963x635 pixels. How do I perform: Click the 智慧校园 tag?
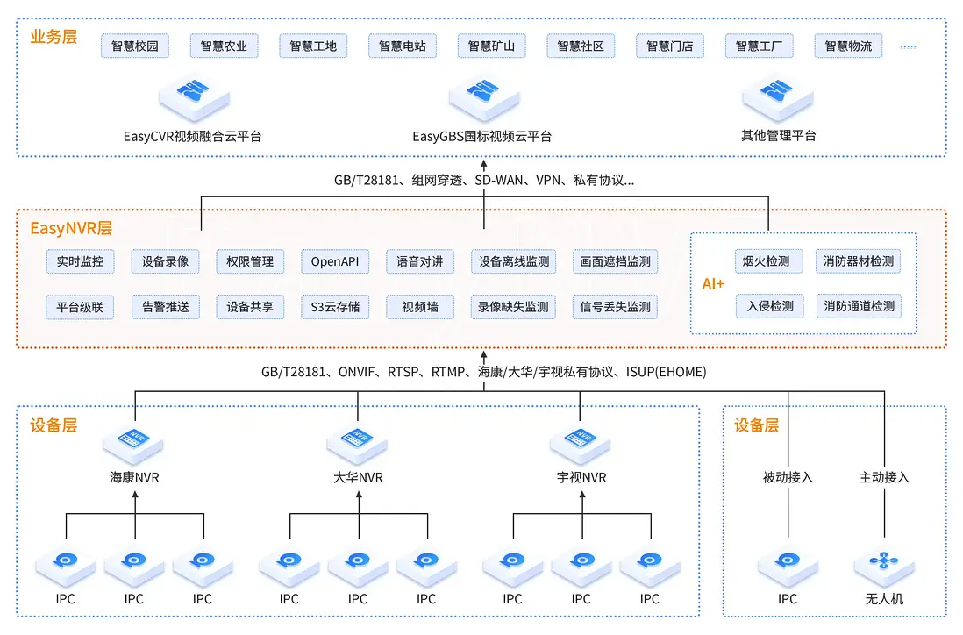pos(135,46)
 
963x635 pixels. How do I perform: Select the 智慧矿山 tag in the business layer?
pos(491,46)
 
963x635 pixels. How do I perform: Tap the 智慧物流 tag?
pos(848,46)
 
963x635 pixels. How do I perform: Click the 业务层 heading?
pos(53,37)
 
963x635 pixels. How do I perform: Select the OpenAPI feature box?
pos(335,261)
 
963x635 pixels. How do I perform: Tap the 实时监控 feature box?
pos(80,261)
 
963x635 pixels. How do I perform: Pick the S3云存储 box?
pos(335,307)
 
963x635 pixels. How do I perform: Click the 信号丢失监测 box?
pos(615,307)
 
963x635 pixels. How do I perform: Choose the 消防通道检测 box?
pos(859,306)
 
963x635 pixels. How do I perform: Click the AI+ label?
pos(713,284)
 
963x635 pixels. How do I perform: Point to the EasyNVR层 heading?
pos(71,229)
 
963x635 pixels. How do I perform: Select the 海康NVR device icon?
pos(135,442)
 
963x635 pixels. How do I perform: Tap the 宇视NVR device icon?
pos(581,442)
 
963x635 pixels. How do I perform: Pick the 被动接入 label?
pos(788,478)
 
